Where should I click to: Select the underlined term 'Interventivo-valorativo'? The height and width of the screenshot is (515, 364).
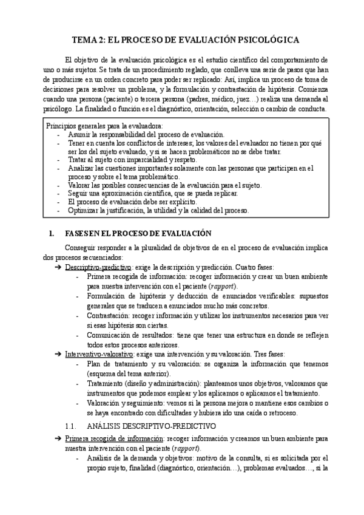pyautogui.click(x=101, y=354)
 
